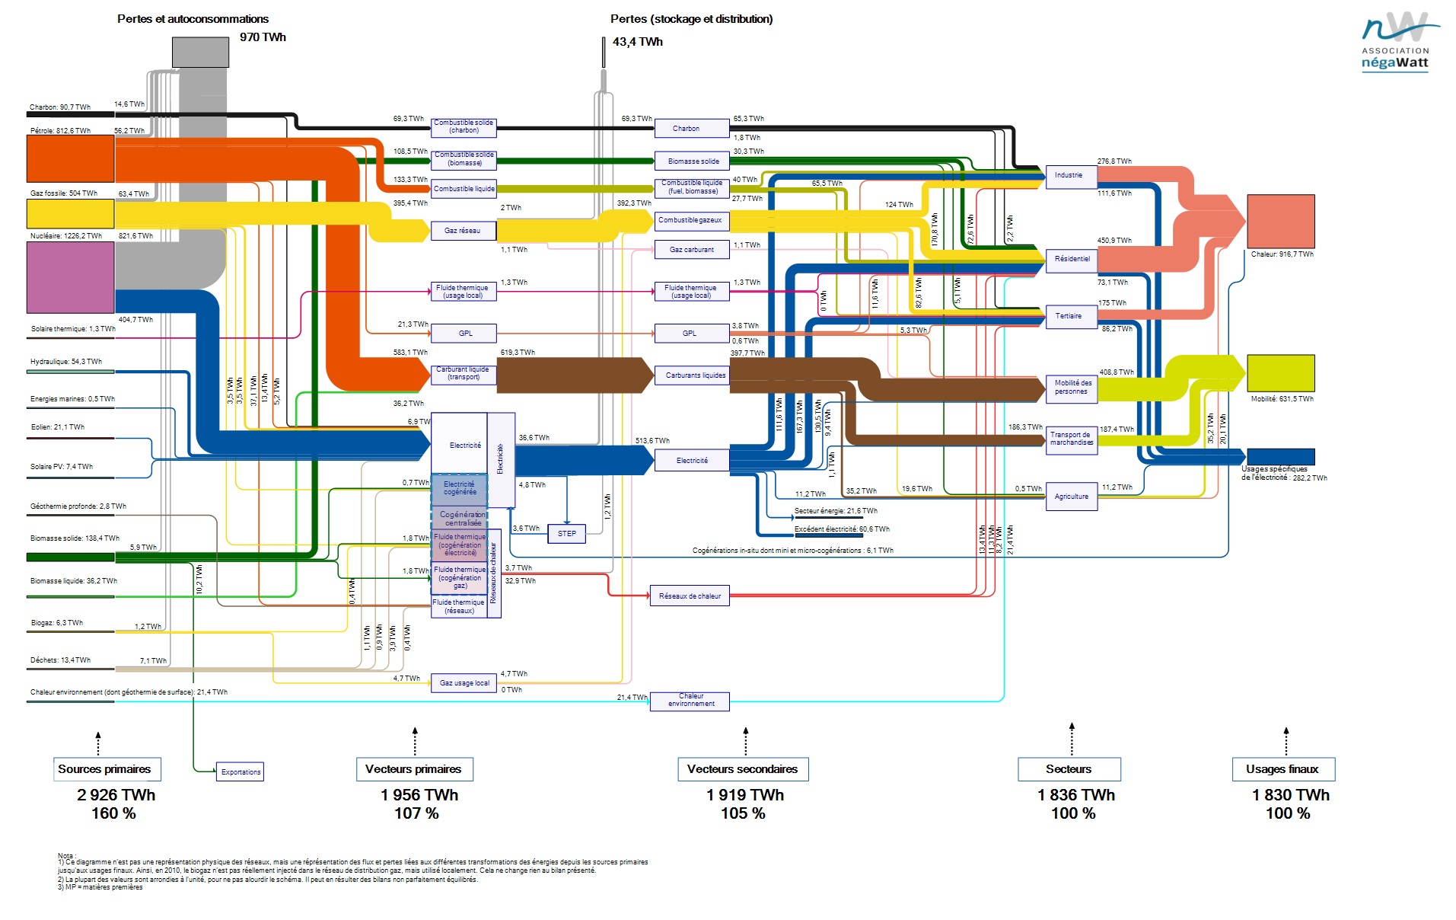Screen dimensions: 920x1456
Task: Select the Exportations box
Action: coord(241,771)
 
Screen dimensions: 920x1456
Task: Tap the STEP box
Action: coord(566,533)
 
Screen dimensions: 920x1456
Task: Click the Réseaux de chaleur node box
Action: coord(690,596)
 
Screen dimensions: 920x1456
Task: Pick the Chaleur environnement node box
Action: coord(690,701)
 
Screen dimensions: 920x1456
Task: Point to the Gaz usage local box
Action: coord(464,683)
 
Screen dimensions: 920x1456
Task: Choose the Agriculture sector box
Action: coord(1071,497)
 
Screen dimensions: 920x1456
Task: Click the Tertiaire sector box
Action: coord(1069,315)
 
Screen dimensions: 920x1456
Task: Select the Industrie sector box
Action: coord(1069,175)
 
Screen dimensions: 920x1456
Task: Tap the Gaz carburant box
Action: coord(691,249)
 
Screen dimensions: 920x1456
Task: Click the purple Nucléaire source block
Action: coord(70,277)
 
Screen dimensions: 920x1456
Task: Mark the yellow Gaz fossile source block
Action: coord(70,213)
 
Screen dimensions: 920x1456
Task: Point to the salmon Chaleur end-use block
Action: coord(1280,221)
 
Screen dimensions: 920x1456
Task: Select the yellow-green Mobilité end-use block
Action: coord(1280,373)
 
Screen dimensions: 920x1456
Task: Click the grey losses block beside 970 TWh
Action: coord(200,52)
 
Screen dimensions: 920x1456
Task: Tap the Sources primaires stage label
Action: coord(105,769)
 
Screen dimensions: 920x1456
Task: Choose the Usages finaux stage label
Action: coord(1282,769)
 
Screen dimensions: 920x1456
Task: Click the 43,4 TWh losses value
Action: coord(637,42)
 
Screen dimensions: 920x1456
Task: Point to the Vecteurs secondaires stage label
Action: coord(742,769)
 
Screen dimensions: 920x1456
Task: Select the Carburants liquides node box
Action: coord(695,375)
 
